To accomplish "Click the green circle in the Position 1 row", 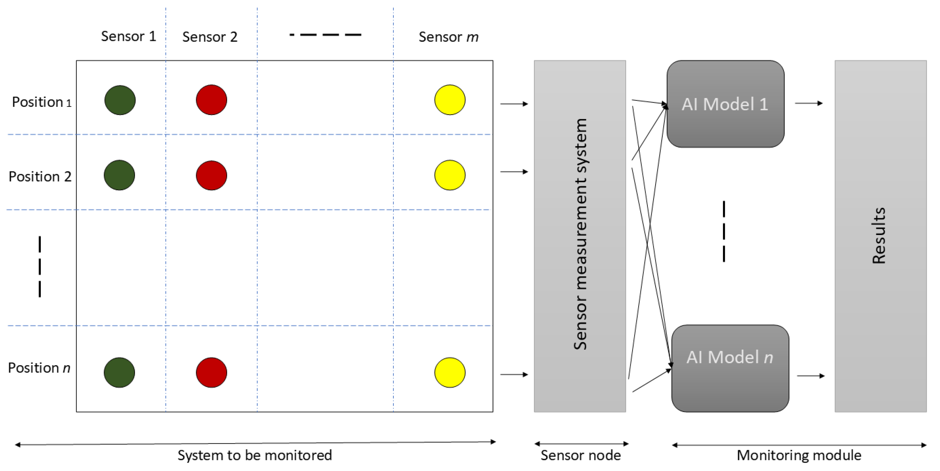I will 120,100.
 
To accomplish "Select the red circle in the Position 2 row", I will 211,175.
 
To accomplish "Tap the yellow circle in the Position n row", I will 450,372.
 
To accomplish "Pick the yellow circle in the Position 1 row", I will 450,100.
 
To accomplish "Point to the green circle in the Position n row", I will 119,372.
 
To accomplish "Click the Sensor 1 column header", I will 128,36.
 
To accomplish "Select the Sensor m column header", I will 448,37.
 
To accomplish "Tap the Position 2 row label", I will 40,177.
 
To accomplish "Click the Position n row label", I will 39,368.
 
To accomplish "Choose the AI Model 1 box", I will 725,104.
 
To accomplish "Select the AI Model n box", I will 730,368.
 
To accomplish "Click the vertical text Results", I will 879,236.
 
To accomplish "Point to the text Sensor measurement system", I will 580,234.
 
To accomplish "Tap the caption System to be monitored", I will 254,455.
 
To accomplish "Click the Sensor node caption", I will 580,455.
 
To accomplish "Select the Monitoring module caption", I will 799,455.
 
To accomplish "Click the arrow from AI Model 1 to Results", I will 808,103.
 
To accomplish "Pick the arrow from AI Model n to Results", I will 811,376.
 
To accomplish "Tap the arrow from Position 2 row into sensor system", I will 514,172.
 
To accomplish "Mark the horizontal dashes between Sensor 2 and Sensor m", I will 325,35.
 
